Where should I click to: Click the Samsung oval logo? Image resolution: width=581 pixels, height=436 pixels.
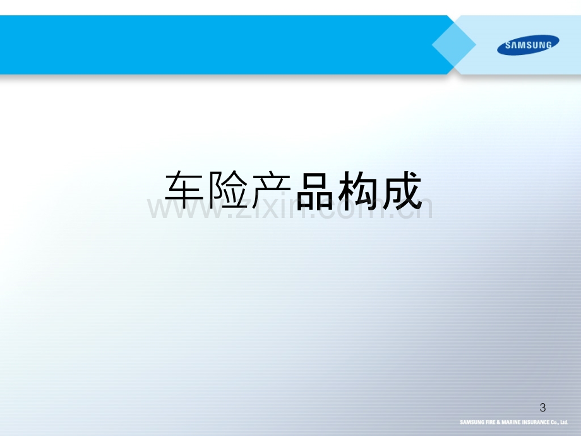point(528,45)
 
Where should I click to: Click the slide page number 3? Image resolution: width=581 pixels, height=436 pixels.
point(543,408)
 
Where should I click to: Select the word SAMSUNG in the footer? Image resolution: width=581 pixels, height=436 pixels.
point(472,422)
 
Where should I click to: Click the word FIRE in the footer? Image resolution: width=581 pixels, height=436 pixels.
point(491,422)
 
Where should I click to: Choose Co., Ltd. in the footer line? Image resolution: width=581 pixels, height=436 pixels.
point(560,422)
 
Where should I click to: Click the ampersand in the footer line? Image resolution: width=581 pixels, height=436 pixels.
point(499,422)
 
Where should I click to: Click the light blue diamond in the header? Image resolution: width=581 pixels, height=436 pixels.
point(454,45)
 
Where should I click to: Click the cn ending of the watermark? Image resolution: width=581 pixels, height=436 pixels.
point(413,208)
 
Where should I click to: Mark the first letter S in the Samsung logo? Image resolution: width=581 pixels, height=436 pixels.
point(508,45)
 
